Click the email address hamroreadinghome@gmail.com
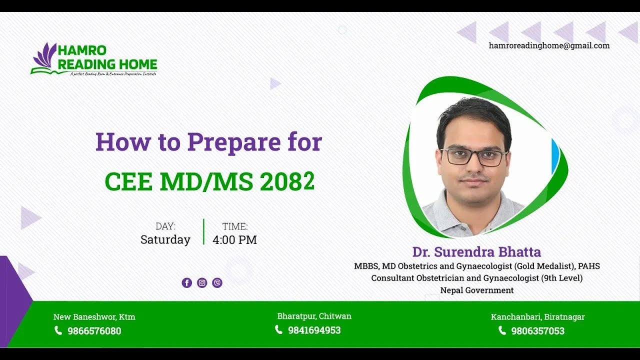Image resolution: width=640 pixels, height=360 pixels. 549,45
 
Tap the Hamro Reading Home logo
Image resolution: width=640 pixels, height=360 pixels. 94,59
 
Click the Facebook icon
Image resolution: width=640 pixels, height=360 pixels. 186,283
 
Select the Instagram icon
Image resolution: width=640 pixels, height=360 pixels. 202,283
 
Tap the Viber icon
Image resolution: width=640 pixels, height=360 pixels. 217,283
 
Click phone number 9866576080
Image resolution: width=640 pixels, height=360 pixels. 94,331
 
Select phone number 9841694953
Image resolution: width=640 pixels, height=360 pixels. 314,330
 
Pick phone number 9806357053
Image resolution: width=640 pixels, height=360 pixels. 537,331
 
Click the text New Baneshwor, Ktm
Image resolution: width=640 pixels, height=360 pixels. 94,317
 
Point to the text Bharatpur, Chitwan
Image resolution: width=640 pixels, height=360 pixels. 314,316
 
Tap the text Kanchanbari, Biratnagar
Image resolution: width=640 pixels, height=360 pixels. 537,317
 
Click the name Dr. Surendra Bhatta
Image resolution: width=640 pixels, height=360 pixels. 476,252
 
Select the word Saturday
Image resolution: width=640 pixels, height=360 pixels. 165,240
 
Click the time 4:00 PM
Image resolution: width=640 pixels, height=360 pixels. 234,240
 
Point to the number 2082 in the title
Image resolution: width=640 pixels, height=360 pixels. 287,182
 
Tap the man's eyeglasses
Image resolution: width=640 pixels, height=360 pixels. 473,157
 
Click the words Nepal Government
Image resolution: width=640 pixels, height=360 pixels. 476,290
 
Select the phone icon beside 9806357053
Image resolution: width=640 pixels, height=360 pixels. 502,330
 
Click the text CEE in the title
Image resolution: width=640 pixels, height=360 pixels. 128,182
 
